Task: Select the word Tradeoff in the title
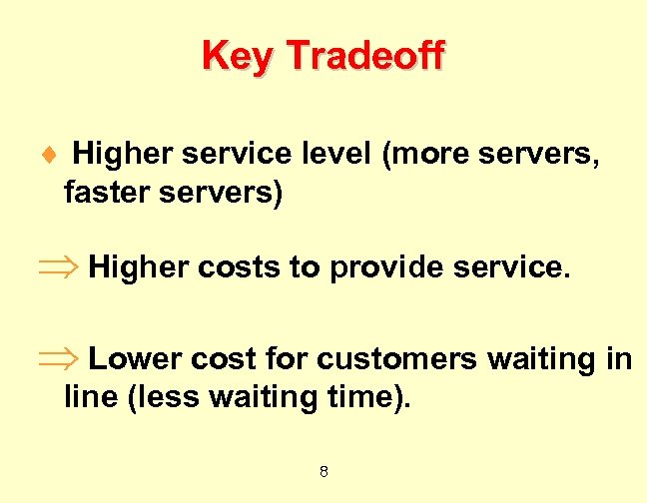tap(363, 57)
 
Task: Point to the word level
tap(336, 155)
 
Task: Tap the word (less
tap(156, 396)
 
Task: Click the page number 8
tap(323, 471)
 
